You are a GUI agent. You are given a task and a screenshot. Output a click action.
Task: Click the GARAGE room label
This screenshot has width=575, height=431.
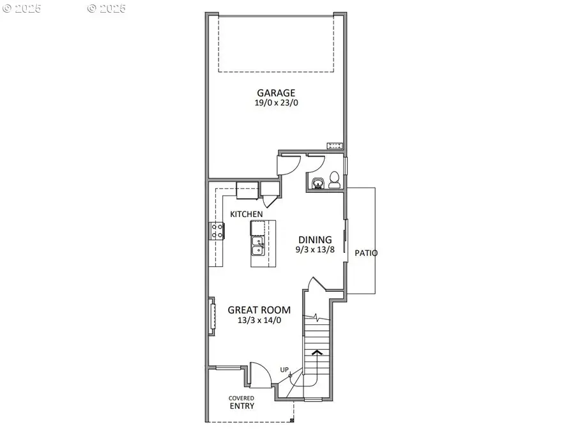[276, 92]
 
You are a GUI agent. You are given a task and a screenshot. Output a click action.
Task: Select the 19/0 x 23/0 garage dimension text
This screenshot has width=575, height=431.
[276, 102]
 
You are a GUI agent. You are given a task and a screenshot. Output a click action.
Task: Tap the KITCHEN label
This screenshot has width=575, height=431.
[247, 214]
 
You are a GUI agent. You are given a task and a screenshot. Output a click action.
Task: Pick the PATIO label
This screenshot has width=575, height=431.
[366, 253]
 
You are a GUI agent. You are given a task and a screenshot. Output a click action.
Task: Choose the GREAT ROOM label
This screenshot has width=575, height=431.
[254, 310]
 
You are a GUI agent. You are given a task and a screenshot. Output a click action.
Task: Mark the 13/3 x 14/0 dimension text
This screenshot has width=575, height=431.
[254, 321]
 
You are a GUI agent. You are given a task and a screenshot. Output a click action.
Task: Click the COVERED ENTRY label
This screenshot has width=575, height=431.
[241, 402]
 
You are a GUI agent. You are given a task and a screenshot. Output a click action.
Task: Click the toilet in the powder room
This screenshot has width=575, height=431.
[333, 179]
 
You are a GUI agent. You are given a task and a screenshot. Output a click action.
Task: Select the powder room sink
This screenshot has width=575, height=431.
[318, 184]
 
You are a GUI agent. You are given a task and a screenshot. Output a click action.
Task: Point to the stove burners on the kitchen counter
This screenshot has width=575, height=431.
[217, 231]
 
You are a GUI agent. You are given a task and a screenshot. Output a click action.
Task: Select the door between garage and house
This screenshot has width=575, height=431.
[287, 164]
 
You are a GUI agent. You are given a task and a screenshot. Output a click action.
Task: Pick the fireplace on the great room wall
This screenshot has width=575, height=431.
[210, 315]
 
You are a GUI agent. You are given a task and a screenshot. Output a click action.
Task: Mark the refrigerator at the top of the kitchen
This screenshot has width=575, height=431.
[247, 190]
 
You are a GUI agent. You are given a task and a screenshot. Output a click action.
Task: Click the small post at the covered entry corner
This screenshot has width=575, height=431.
[292, 421]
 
